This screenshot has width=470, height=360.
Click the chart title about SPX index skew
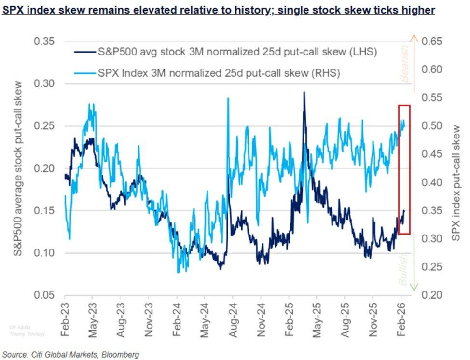click(218, 9)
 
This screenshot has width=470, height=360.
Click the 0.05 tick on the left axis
click(45, 295)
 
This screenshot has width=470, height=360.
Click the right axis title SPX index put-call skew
click(456, 168)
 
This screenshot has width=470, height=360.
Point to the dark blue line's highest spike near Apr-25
click(304, 92)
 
